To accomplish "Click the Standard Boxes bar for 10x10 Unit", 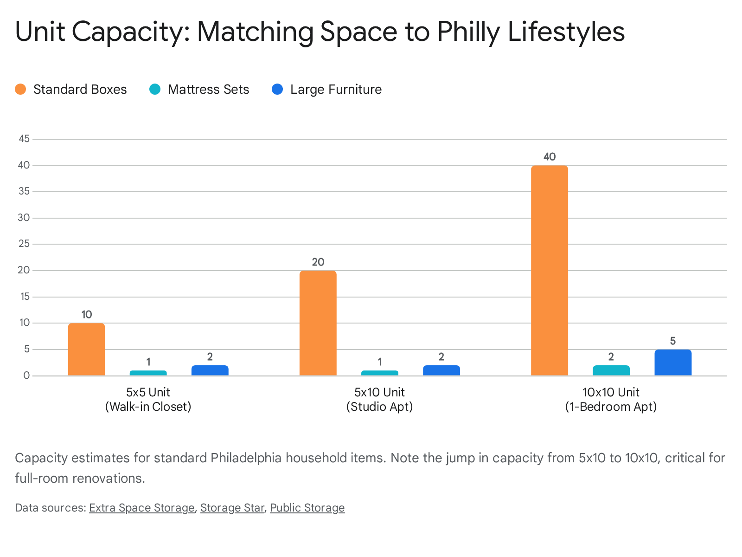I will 549,270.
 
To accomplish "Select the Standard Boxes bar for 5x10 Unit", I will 318,323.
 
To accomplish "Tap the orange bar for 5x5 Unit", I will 86,349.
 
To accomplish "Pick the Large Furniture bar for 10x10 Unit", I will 672,363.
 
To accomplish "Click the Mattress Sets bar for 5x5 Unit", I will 148,373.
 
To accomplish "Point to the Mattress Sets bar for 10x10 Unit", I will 611,370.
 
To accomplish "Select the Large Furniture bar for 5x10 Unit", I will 441,370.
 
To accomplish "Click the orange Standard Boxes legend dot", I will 20,89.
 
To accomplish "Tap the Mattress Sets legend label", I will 208,89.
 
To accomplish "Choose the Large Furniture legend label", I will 336,89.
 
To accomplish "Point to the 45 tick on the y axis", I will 24,139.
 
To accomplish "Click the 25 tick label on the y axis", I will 24,244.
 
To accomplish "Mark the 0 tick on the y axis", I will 26,376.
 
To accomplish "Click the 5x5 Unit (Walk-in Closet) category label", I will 148,399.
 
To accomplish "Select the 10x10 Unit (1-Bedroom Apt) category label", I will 611,399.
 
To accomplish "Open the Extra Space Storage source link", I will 141,508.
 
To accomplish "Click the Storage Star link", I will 232,508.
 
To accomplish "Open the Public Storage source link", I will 307,508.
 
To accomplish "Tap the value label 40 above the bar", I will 549,157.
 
